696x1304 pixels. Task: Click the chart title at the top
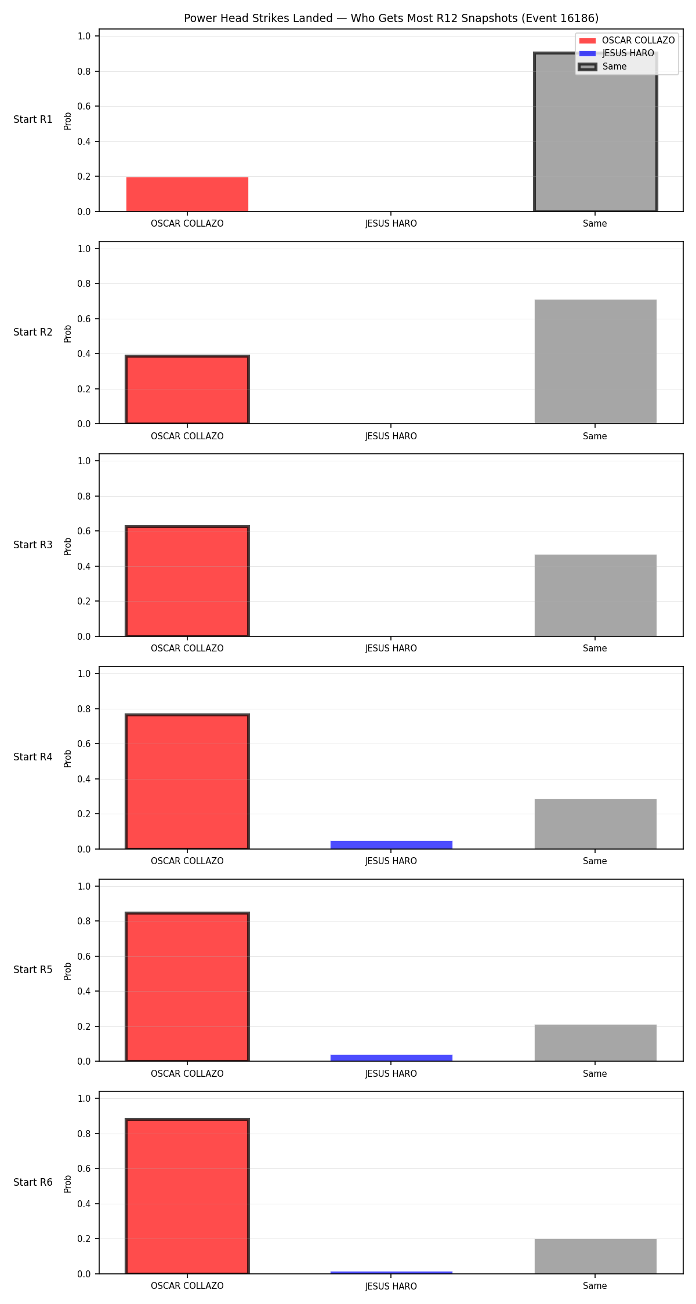(391, 18)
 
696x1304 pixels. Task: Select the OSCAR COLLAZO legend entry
(627, 41)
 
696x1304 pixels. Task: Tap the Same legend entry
(603, 67)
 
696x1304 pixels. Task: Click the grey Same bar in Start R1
(595, 132)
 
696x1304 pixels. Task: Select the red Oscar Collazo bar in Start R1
(187, 194)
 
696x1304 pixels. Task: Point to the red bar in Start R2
(187, 389)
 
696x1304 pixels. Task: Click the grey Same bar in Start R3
(595, 595)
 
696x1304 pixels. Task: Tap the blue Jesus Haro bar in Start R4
(391, 845)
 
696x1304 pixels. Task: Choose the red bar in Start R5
(187, 987)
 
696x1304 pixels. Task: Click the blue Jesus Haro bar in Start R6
(391, 1273)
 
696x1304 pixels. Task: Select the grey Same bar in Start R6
(595, 1256)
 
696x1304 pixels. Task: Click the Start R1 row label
(33, 119)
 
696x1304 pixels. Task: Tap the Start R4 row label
(33, 757)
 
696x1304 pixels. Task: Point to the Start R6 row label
(33, 1182)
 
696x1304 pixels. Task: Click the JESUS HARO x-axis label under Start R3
(391, 649)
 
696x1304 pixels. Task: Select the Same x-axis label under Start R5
(595, 1073)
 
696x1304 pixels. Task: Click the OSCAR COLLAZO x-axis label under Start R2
(187, 436)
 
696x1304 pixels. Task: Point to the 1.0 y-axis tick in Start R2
(85, 249)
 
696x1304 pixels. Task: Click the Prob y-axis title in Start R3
(68, 546)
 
